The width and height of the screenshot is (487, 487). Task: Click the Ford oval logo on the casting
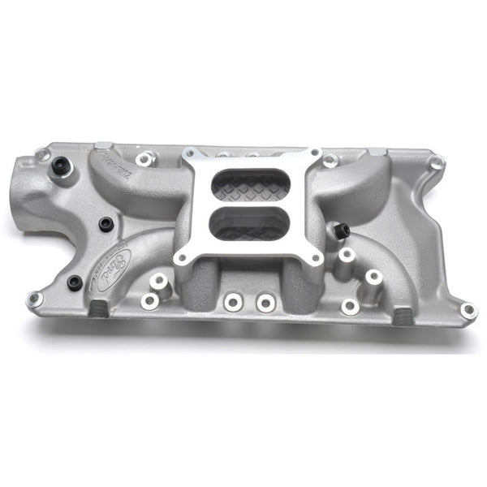[x=116, y=265]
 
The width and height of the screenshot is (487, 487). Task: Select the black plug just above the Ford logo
[x=106, y=223]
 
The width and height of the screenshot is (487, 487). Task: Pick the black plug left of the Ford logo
[x=75, y=282]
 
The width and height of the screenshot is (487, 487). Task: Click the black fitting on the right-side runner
[x=341, y=231]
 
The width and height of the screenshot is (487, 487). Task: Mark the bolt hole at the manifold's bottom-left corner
[x=35, y=300]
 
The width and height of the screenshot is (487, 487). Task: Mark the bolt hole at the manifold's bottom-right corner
[x=468, y=310]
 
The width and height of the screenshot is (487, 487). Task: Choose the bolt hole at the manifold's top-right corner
[x=437, y=163]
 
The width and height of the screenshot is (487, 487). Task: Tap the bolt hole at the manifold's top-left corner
[x=42, y=154]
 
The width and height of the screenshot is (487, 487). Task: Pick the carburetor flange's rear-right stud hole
[x=312, y=153]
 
